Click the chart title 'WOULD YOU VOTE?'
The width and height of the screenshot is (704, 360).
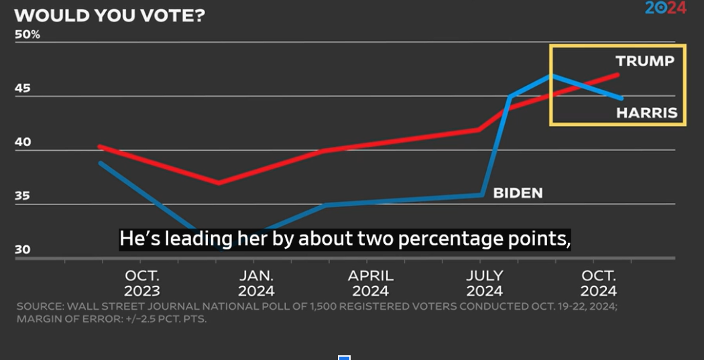[109, 15]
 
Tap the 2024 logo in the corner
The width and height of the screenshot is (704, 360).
[666, 8]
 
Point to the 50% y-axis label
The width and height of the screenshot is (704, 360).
[27, 34]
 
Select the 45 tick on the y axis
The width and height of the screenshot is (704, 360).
[23, 88]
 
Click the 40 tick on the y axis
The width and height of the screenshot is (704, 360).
[23, 142]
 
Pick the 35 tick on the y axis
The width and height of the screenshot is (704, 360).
[23, 196]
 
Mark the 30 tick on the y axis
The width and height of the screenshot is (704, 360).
[23, 250]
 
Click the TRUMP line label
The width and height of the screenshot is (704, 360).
[644, 61]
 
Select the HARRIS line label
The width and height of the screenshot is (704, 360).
[646, 113]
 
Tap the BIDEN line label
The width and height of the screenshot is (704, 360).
[518, 193]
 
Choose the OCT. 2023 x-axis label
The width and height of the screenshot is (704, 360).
[141, 283]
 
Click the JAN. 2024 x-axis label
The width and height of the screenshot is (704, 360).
[256, 283]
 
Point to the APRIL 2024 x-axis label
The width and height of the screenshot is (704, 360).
[371, 283]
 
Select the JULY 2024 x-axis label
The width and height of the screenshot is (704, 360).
[484, 283]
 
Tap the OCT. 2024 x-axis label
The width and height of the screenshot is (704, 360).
[598, 283]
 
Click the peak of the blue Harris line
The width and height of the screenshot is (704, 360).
[551, 75]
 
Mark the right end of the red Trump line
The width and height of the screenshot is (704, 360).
[618, 74]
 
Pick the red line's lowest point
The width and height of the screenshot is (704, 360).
[219, 182]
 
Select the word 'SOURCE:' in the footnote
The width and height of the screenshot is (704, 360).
[38, 307]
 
